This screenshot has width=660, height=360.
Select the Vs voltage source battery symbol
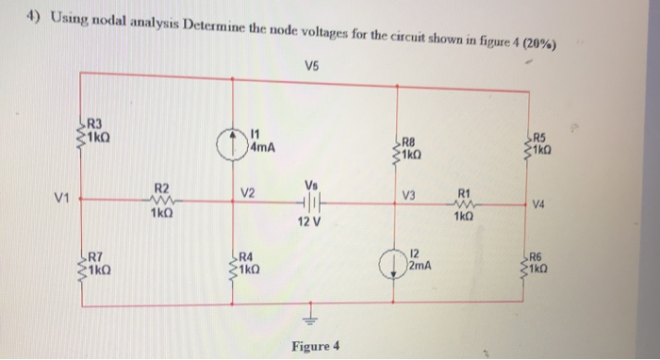(x=311, y=201)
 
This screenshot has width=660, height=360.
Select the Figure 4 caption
(x=317, y=347)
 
